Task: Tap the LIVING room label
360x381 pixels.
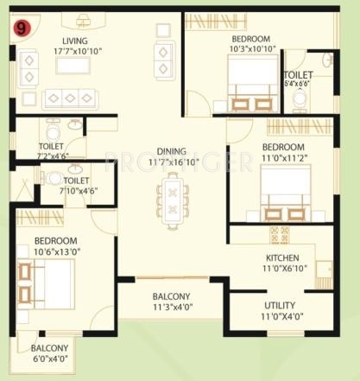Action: [x=77, y=41]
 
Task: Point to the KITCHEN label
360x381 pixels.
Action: [x=281, y=257]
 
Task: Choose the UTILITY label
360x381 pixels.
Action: [x=279, y=306]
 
